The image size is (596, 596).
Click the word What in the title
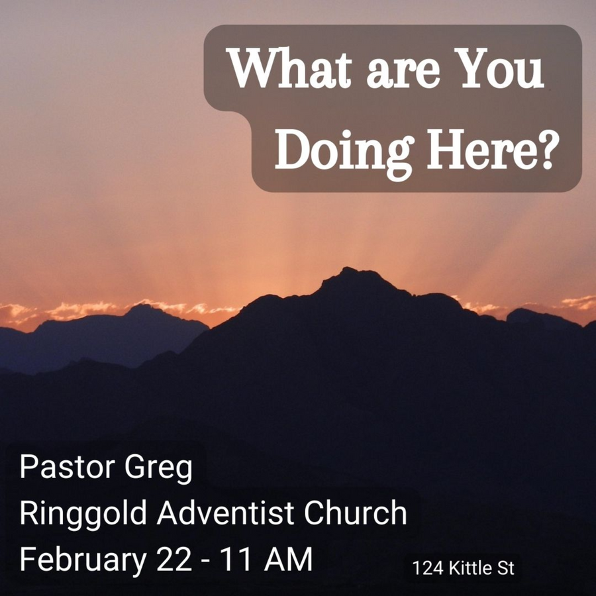pos(289,68)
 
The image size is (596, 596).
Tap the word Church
pos(356,513)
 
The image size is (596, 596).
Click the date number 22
pos(174,559)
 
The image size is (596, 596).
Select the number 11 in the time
pos(235,559)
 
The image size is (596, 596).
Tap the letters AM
pos(289,559)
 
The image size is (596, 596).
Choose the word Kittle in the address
pos(471,568)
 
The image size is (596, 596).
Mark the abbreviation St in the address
pos(506,568)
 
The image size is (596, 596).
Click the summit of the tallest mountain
pos(346,268)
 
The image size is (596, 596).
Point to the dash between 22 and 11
pos(207,562)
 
